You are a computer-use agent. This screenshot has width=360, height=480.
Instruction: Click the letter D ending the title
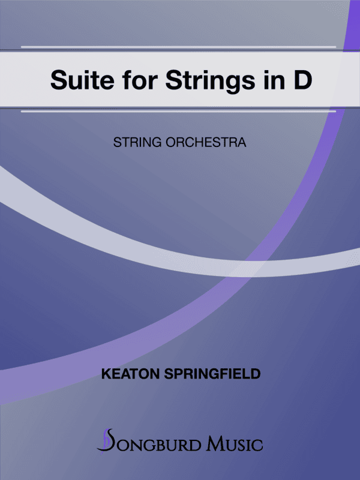(x=302, y=80)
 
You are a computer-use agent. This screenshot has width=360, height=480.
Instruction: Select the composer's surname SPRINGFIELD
(x=210, y=374)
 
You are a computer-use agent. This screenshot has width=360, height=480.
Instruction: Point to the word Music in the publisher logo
(x=234, y=444)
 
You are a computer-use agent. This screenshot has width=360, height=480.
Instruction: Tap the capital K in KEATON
(x=107, y=374)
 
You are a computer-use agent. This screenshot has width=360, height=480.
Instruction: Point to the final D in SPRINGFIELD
(x=256, y=374)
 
